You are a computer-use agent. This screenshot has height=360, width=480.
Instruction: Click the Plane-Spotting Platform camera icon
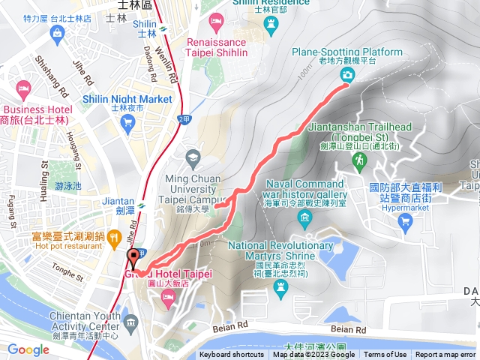tap(347, 74)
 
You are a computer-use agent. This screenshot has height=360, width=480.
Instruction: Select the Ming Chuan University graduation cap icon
tap(193, 157)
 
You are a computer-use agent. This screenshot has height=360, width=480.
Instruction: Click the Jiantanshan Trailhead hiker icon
tap(360, 160)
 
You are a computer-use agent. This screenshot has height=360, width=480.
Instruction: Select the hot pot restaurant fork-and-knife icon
tap(114, 239)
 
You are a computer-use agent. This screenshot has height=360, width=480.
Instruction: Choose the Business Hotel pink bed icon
tap(23, 90)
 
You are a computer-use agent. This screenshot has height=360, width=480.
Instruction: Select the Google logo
tap(28, 349)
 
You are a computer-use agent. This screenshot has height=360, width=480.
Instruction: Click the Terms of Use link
tap(385, 355)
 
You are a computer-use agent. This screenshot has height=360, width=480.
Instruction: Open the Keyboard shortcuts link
tap(232, 355)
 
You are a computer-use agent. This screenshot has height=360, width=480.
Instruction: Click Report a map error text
tap(445, 355)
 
